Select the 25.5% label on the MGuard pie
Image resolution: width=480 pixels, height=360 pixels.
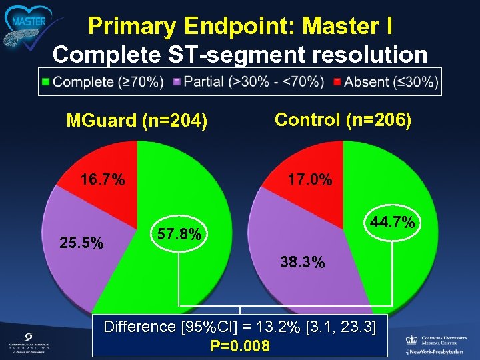pyautogui.click(x=82, y=243)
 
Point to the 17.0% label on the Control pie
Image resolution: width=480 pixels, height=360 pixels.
pyautogui.click(x=309, y=180)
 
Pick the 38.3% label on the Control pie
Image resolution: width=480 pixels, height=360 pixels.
pyautogui.click(x=303, y=263)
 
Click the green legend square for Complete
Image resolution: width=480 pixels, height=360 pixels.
pyautogui.click(x=45, y=83)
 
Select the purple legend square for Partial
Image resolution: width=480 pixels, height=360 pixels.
pyautogui.click(x=177, y=83)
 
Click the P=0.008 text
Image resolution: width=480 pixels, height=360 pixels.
pyautogui.click(x=240, y=345)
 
